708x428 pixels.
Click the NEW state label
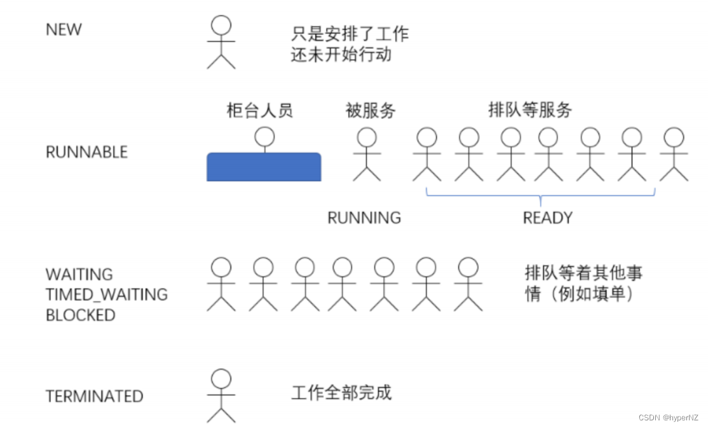(64, 29)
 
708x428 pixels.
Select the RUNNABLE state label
(86, 152)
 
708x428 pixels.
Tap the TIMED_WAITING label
(106, 294)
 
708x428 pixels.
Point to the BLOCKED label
(80, 315)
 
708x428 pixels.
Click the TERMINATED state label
(94, 396)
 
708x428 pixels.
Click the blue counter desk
(263, 167)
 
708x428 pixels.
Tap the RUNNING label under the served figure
(364, 217)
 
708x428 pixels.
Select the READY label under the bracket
(547, 217)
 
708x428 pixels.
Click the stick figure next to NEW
(221, 42)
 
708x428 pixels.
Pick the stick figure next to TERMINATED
(221, 396)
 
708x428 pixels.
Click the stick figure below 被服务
(367, 154)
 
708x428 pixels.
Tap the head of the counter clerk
(264, 136)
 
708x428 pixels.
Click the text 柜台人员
(259, 111)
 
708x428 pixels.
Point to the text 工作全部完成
(341, 392)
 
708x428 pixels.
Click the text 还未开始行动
(341, 54)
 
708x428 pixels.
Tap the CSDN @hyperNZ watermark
(669, 417)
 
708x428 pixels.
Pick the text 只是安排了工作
(350, 33)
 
